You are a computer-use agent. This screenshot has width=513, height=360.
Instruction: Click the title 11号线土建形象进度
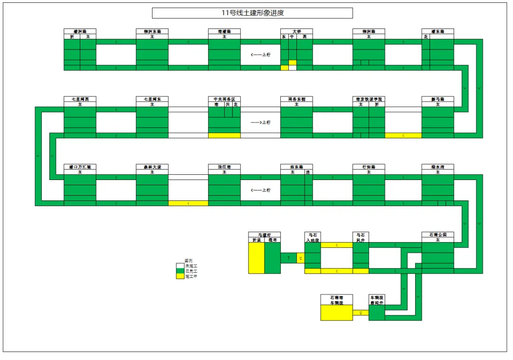[252, 13]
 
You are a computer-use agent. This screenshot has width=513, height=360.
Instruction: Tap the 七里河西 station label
[80, 99]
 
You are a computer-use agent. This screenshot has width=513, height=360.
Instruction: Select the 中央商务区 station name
[224, 99]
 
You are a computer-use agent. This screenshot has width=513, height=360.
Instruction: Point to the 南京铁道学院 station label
[369, 99]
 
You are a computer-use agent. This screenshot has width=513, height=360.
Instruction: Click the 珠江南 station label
[224, 167]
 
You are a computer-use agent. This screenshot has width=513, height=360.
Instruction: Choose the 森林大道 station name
[152, 167]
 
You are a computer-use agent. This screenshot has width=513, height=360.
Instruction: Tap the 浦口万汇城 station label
[80, 167]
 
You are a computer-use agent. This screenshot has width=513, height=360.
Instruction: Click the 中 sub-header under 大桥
[293, 37]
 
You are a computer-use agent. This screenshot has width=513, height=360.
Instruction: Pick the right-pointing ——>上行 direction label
[260, 123]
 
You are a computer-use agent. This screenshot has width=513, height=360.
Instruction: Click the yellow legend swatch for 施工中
[180, 276]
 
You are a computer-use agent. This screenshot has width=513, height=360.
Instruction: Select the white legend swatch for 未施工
[180, 266]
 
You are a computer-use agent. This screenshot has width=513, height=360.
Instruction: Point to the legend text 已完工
[191, 271]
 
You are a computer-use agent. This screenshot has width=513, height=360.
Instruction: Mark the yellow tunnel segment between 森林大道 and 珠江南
[188, 203]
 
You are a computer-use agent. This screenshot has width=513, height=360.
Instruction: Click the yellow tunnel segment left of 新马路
[403, 135]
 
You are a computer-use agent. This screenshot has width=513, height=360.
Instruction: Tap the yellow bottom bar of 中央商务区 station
[224, 135]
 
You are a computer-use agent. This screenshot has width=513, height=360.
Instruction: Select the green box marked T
[288, 258]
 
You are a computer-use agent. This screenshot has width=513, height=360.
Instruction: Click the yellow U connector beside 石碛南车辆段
[361, 313]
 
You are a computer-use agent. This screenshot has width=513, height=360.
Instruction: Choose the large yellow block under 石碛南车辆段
[336, 313]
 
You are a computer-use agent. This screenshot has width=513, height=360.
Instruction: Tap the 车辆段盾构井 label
[377, 300]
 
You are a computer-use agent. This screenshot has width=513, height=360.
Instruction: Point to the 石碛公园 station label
[437, 235]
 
